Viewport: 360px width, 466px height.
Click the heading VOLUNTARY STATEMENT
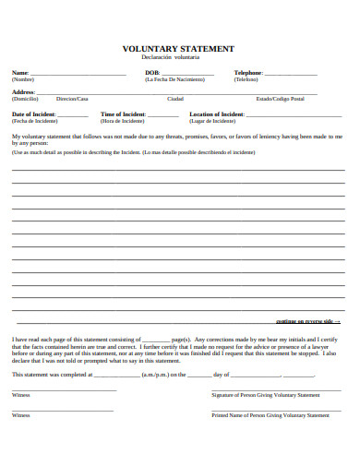tap(178, 49)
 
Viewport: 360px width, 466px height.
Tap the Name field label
tap(19, 72)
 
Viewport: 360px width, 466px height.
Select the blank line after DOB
tap(188, 73)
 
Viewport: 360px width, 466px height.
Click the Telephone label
tap(248, 72)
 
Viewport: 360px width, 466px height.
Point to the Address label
tap(23, 92)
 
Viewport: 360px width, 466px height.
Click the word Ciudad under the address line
tap(174, 99)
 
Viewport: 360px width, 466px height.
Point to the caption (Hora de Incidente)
tap(123, 121)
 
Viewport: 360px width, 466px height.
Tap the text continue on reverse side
tap(307, 321)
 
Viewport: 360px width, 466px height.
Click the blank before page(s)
tap(157, 340)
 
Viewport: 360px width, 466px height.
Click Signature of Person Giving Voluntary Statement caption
tap(266, 394)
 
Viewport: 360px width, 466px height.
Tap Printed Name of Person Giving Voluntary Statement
tap(270, 415)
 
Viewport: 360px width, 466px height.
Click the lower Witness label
tap(20, 415)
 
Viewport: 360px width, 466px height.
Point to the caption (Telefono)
tap(246, 79)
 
